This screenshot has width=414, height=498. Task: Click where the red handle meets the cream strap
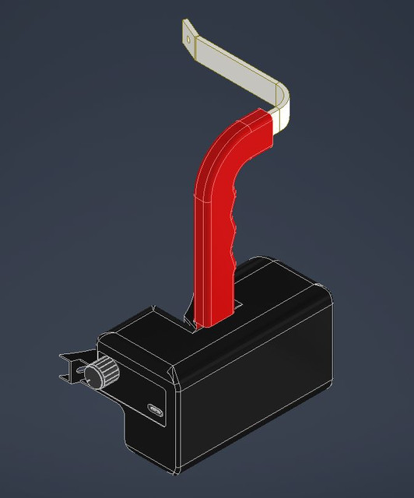pyautogui.click(x=272, y=121)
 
